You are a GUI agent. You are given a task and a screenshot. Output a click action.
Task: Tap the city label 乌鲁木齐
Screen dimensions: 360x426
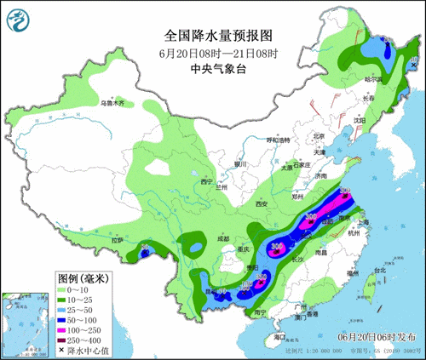click(111, 103)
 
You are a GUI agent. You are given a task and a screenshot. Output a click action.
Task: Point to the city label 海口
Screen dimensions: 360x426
click(274, 338)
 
